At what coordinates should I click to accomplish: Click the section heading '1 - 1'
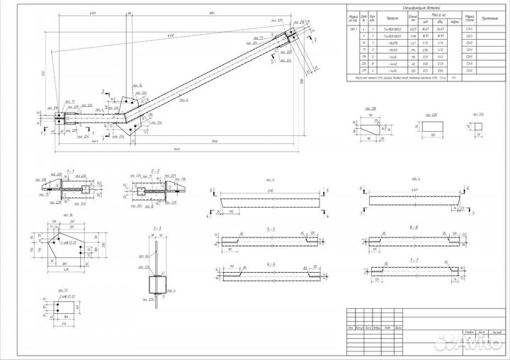[x=70, y=171]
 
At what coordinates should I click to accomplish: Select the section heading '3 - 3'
[x=157, y=228]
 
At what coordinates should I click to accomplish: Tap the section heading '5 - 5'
[x=272, y=228]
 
